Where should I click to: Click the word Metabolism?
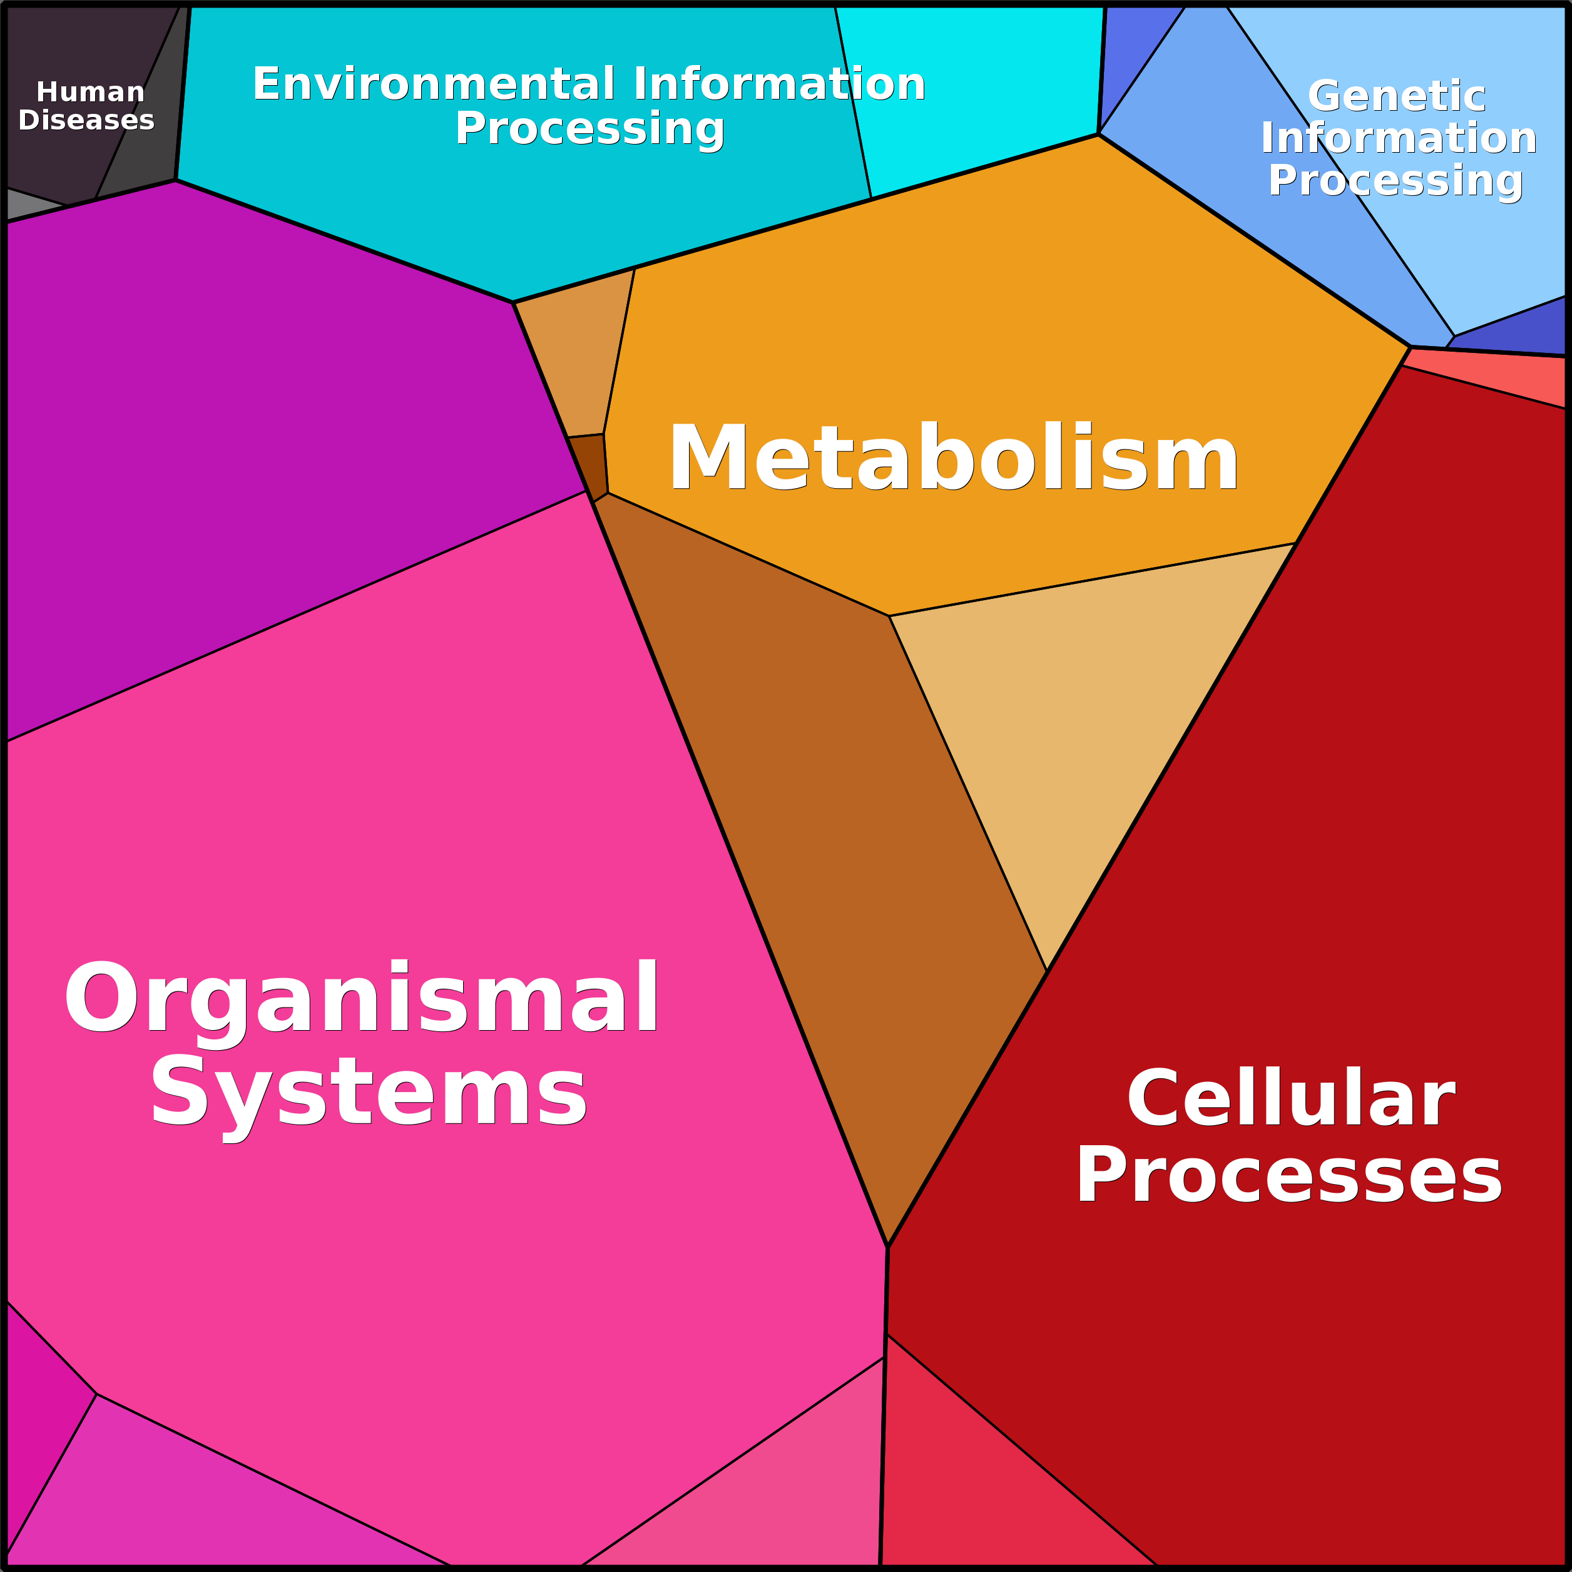point(953,457)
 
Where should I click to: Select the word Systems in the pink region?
point(369,1092)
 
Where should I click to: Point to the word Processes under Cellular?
point(1289,1174)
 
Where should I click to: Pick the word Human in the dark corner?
point(90,92)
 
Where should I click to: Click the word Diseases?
point(86,120)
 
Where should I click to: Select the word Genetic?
point(1397,96)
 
